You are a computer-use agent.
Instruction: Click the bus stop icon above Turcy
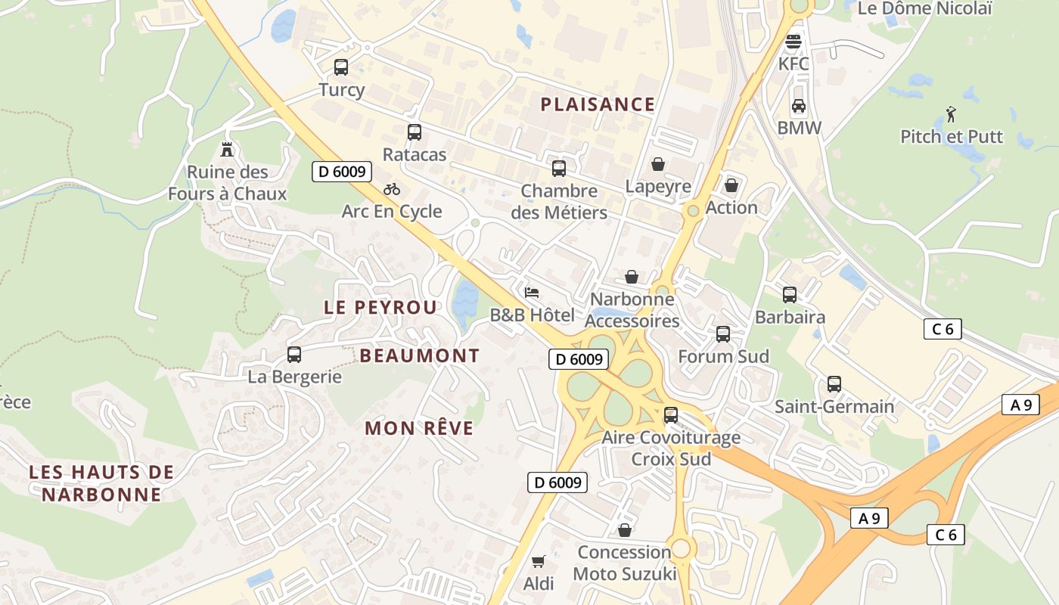coord(341,67)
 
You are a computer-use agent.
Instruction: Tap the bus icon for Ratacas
coord(414,132)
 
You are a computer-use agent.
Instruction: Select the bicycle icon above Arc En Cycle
coord(391,189)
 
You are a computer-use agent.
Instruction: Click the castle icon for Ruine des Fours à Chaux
coord(226,149)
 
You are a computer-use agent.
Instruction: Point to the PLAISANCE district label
coord(598,104)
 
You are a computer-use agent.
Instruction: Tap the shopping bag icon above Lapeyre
coord(658,164)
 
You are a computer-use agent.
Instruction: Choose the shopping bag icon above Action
coord(731,185)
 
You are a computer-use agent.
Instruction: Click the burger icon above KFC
coord(793,42)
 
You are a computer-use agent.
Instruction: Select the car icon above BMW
coord(799,106)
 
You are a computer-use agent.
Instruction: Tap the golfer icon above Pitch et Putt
coord(951,114)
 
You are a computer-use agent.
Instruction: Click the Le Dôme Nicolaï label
coord(924,9)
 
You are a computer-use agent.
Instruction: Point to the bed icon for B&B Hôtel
coord(532,293)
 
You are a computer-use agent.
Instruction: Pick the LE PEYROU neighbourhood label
coord(380,307)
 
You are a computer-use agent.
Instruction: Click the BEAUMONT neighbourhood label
coord(420,355)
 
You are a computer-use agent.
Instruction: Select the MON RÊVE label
coord(419,428)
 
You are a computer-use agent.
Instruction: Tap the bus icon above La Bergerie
coord(294,354)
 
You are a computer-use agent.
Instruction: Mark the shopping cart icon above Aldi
coord(539,561)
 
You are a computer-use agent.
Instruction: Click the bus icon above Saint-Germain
coord(834,384)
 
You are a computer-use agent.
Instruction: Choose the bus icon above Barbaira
coord(789,295)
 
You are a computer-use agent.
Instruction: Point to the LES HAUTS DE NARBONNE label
coord(101,483)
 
